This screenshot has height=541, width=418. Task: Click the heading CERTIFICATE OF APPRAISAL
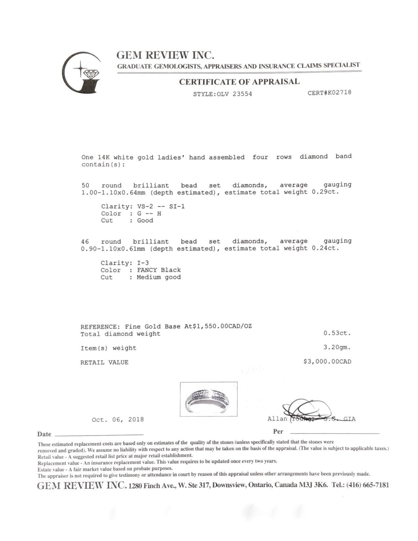(x=239, y=82)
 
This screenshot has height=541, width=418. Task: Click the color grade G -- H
(x=149, y=214)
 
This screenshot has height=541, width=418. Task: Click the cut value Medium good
(x=159, y=277)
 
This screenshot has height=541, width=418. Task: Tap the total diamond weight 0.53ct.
(x=337, y=333)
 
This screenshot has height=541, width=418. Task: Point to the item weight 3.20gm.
(x=337, y=347)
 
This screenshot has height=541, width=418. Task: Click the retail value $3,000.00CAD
(x=327, y=362)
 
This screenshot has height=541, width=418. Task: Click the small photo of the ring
(x=209, y=399)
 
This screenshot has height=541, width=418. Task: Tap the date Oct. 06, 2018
(x=118, y=420)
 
